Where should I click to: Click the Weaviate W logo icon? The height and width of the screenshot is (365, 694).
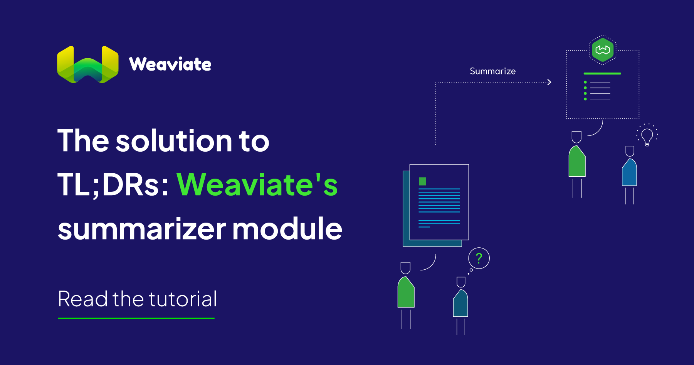pyautogui.click(x=87, y=64)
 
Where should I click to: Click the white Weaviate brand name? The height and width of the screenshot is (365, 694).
pyautogui.click(x=170, y=64)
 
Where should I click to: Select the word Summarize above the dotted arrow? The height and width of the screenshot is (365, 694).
pyautogui.click(x=492, y=71)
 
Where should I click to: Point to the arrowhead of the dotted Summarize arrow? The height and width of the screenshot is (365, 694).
pyautogui.click(x=549, y=82)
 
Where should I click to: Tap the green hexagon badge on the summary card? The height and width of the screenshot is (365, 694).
pyautogui.click(x=603, y=50)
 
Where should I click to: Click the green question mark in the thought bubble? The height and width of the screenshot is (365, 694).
pyautogui.click(x=479, y=258)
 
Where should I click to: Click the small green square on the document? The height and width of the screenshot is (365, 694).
pyautogui.click(x=422, y=181)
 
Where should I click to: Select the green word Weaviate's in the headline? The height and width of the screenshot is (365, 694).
pyautogui.click(x=257, y=185)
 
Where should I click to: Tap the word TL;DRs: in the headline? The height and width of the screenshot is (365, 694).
pyautogui.click(x=113, y=185)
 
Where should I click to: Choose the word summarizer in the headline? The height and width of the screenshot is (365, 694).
pyautogui.click(x=141, y=229)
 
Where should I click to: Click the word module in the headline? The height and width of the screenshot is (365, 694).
pyautogui.click(x=287, y=229)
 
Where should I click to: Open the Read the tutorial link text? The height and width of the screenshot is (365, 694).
pyautogui.click(x=137, y=299)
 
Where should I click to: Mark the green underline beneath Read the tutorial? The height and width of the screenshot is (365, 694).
pyautogui.click(x=136, y=318)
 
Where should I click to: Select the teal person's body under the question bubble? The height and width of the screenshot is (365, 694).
pyautogui.click(x=460, y=305)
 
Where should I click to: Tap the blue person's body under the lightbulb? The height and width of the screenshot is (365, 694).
pyautogui.click(x=630, y=174)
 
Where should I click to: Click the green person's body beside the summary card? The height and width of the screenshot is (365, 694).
pyautogui.click(x=577, y=163)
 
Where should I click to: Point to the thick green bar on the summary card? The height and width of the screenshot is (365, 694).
pyautogui.click(x=602, y=73)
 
